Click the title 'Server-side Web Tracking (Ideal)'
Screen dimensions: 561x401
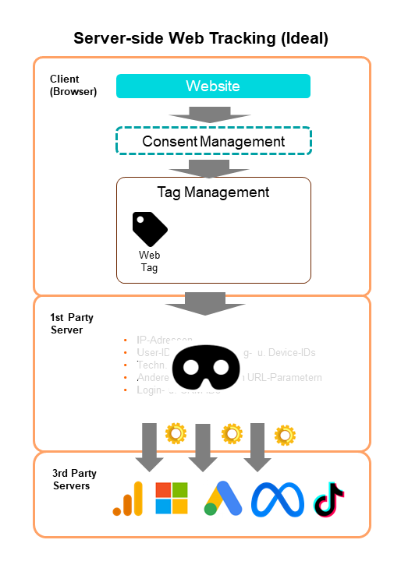(200, 38)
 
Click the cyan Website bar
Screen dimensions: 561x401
(213, 86)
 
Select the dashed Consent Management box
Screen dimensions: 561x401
(213, 142)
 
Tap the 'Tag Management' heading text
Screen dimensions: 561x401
(213, 192)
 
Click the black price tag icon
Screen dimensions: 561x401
(149, 228)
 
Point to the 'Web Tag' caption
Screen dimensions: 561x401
(149, 261)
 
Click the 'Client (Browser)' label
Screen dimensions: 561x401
(73, 85)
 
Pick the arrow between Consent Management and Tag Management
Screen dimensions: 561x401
(210, 168)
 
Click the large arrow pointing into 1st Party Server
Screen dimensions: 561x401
(205, 302)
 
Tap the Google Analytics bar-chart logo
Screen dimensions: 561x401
(129, 499)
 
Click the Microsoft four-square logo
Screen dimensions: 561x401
(172, 499)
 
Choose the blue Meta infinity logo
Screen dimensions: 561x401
(277, 499)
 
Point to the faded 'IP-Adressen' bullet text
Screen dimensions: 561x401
(164, 340)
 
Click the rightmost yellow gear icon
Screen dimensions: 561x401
(286, 435)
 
